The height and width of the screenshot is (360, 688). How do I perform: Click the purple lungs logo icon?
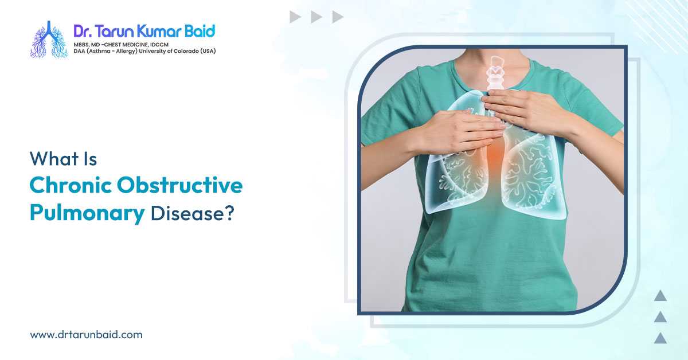[49, 40]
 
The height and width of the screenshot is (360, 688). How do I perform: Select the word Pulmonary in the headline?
[87, 213]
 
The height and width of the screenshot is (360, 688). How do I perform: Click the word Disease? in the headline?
[192, 213]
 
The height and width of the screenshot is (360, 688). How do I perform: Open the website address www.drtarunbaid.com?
[86, 334]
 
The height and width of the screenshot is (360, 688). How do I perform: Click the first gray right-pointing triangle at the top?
[295, 17]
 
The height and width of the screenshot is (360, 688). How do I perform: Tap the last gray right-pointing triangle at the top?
[338, 17]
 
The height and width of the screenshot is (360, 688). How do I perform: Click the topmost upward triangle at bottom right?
[660, 296]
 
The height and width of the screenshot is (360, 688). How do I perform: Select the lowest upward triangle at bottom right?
[660, 338]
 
